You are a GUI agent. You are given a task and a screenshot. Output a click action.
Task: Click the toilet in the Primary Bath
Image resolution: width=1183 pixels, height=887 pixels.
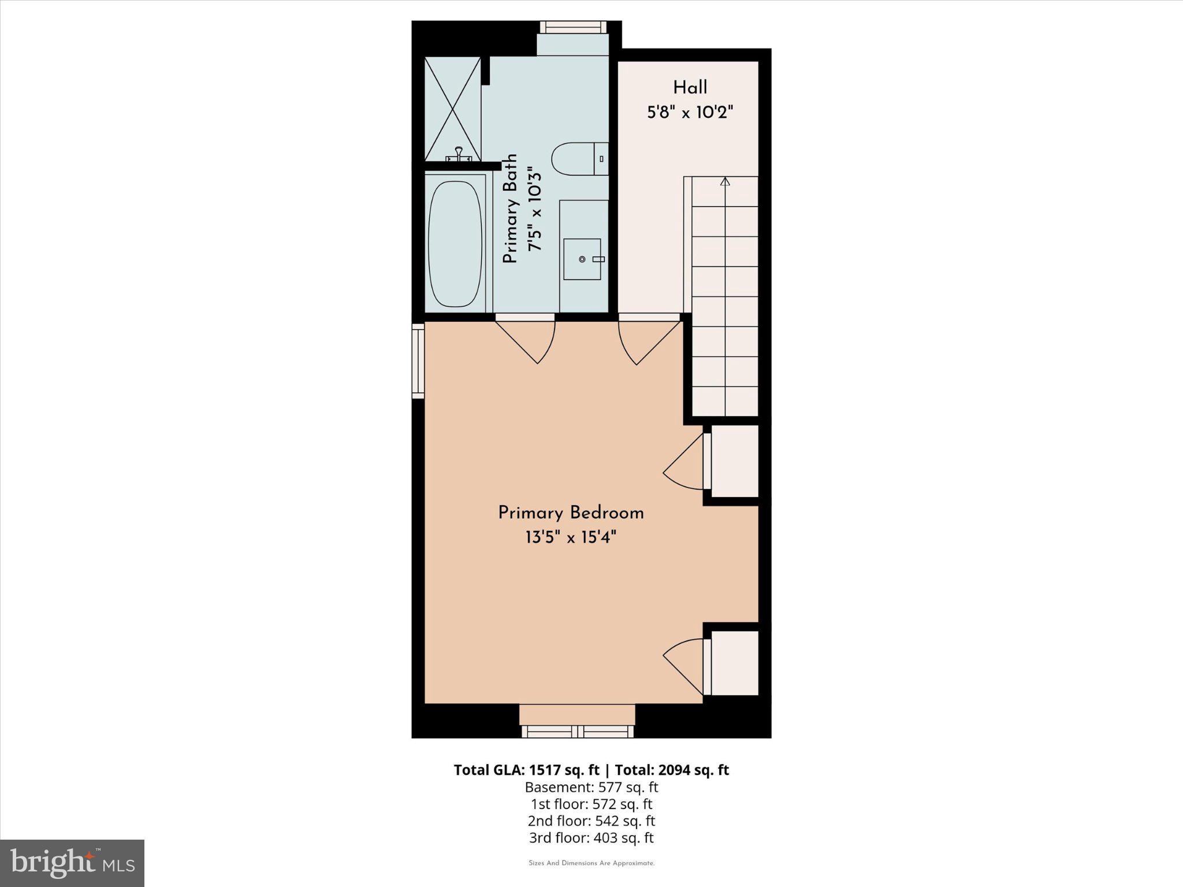pyautogui.click(x=578, y=159)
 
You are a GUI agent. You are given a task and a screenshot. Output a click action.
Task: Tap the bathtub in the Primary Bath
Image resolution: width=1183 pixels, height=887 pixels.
pyautogui.click(x=455, y=244)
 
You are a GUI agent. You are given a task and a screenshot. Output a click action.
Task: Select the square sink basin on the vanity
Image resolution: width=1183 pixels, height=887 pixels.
pyautogui.click(x=582, y=259)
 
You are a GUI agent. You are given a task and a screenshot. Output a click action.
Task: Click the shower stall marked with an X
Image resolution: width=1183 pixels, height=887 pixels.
pyautogui.click(x=452, y=109)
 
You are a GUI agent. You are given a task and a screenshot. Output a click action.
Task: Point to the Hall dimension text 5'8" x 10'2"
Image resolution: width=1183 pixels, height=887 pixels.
pyautogui.click(x=690, y=113)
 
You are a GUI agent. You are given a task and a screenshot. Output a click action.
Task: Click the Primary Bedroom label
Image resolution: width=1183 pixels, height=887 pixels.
pyautogui.click(x=571, y=513)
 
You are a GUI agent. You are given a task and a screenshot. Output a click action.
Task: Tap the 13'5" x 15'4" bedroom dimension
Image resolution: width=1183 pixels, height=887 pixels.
pyautogui.click(x=571, y=538)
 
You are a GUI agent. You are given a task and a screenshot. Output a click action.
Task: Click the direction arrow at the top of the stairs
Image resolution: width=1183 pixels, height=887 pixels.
pyautogui.click(x=725, y=181)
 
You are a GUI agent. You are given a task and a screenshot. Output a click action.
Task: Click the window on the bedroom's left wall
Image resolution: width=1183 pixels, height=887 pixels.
pyautogui.click(x=418, y=360)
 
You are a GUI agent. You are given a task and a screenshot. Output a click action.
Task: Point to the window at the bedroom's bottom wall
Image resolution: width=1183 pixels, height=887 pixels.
pyautogui.click(x=578, y=732)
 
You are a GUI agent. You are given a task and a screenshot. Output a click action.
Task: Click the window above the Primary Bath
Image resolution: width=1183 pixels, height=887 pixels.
pyautogui.click(x=573, y=27)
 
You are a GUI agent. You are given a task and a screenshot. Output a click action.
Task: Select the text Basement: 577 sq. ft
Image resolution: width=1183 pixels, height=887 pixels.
pyautogui.click(x=591, y=787)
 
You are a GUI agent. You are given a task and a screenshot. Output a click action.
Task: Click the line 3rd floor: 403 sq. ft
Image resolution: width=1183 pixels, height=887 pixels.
pyautogui.click(x=591, y=838)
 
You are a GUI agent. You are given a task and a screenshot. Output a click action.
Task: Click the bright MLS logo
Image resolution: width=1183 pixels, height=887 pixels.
pyautogui.click(x=72, y=863)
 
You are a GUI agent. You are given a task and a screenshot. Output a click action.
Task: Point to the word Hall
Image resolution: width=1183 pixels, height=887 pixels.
pyautogui.click(x=690, y=88)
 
